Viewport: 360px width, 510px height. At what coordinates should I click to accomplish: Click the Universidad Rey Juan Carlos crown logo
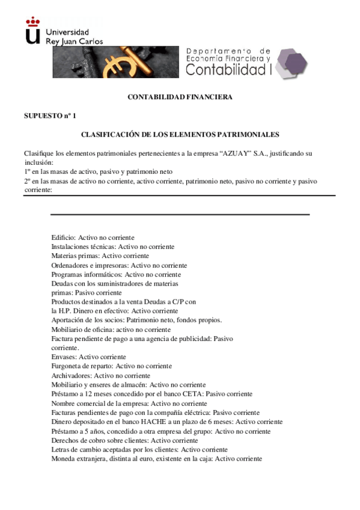(x=34, y=31)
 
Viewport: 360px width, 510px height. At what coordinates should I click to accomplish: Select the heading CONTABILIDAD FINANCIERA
(x=180, y=97)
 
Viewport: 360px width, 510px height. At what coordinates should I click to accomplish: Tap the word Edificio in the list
(x=63, y=238)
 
